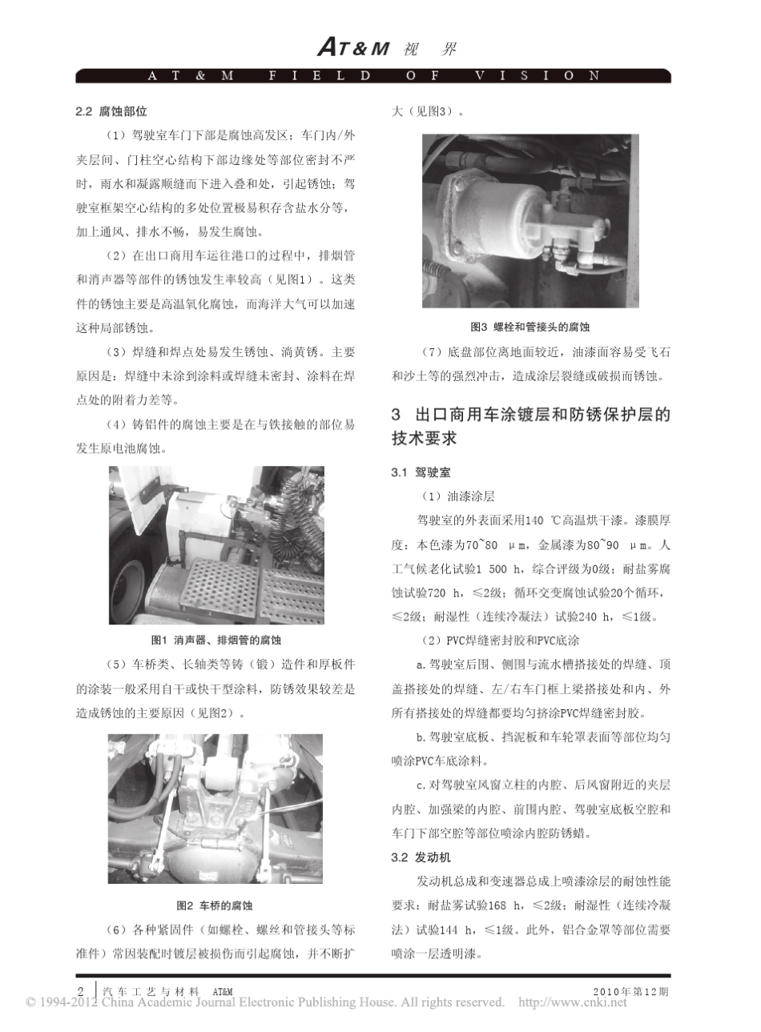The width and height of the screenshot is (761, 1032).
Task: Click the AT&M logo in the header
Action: pos(353,48)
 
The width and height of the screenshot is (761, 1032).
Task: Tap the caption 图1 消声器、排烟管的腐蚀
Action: pos(216,640)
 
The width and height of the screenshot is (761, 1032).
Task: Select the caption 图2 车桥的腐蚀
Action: pos(215,906)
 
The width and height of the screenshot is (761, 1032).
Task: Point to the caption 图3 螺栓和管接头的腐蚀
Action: pos(530,327)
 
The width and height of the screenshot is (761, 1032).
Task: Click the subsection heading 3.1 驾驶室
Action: pos(421,473)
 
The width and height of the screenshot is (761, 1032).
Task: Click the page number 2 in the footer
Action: pos(81,990)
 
